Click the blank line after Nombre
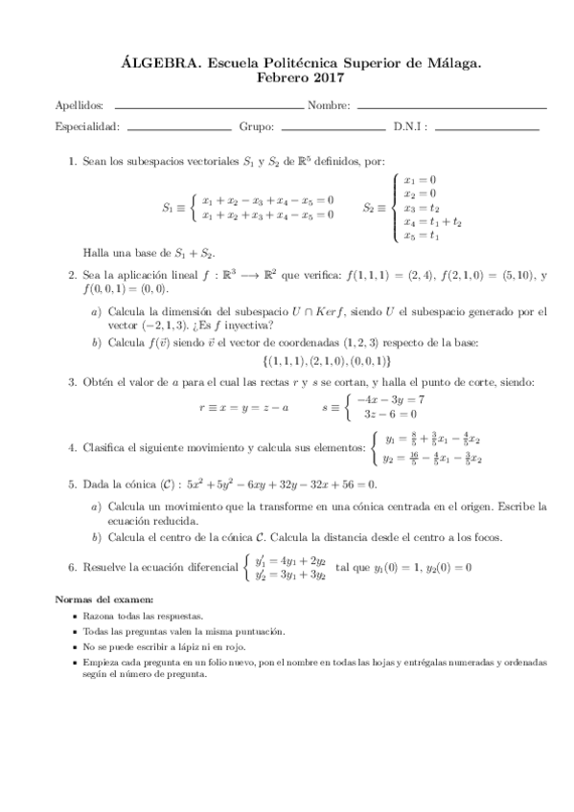(x=450, y=106)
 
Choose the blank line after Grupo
(x=333, y=127)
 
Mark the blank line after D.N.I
(x=487, y=127)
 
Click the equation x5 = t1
(x=423, y=236)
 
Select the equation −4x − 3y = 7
(x=390, y=399)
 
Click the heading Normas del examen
(x=98, y=598)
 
